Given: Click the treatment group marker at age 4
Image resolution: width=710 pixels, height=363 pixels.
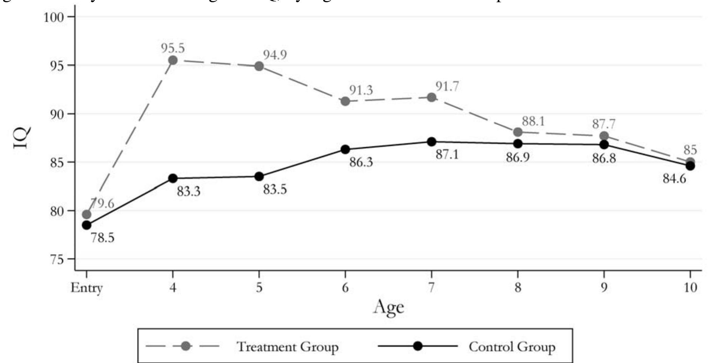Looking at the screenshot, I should [x=173, y=60].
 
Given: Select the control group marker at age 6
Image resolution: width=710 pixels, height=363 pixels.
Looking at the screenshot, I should [x=345, y=149].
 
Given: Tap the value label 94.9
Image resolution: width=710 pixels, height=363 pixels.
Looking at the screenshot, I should [x=275, y=55].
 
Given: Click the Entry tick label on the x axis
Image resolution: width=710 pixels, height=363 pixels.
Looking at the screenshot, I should [x=87, y=288].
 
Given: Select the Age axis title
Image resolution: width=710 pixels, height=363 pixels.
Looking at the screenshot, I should [x=388, y=307].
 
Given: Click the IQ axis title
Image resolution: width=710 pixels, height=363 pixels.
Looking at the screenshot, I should [x=22, y=138].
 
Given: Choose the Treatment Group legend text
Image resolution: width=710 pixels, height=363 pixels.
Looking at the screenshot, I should [x=287, y=347].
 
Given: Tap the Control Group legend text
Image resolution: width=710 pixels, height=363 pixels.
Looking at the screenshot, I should [x=512, y=347].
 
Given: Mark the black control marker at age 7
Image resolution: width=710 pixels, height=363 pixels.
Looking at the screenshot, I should [x=431, y=142].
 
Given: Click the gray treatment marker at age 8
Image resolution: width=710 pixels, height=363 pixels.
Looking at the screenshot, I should [x=518, y=132].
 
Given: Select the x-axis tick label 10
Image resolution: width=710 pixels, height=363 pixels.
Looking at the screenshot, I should [x=690, y=288].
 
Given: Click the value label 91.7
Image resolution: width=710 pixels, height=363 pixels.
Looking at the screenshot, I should [x=447, y=87].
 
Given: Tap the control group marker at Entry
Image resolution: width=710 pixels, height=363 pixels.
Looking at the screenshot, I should [x=87, y=225].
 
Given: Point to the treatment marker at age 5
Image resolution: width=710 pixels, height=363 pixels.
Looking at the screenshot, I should [x=259, y=66].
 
